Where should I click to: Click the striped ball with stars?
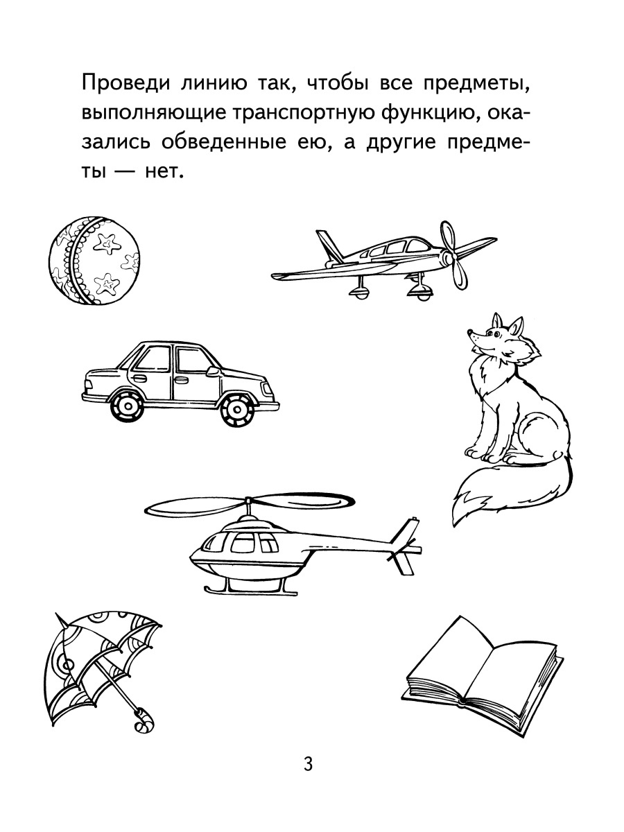[94, 261]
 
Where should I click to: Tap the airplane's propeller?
[453, 257]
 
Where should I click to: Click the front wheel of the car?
[237, 409]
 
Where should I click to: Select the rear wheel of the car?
[127, 406]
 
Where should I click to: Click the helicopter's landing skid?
[251, 591]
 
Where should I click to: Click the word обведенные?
[223, 144]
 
